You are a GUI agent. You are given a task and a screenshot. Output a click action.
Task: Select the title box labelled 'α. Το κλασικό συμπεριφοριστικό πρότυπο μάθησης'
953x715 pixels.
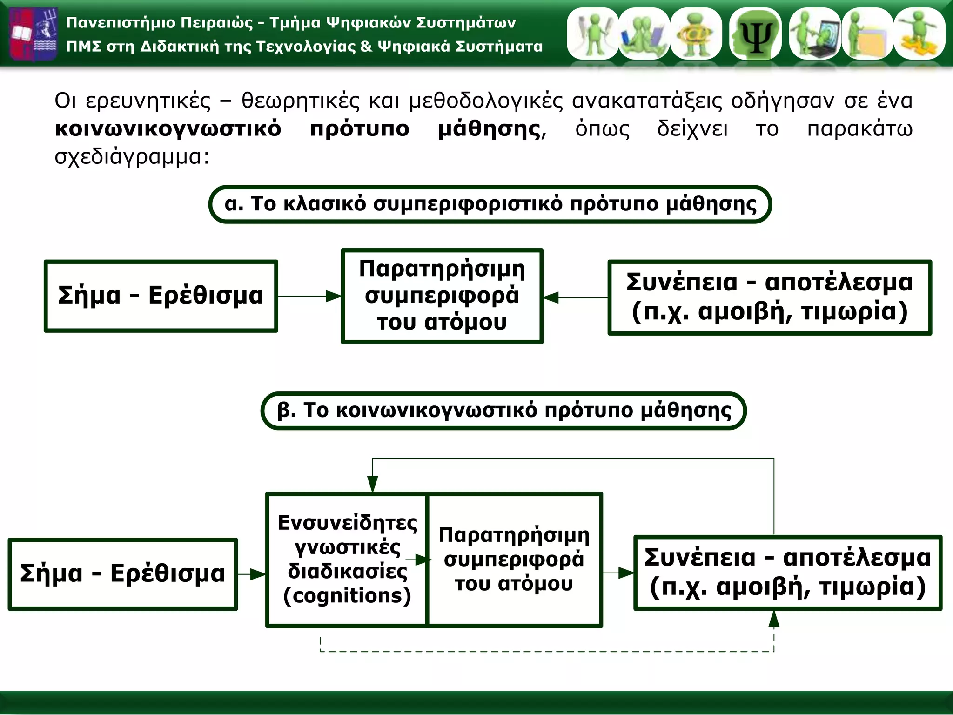coord(490,204)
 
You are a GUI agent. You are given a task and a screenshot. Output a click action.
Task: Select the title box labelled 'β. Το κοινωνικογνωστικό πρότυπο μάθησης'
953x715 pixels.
coord(503,411)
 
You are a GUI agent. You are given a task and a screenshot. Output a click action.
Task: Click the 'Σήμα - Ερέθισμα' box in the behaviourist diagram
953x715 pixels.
coord(161,296)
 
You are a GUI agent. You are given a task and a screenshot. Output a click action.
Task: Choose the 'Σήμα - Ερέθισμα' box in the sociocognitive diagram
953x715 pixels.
coord(123,574)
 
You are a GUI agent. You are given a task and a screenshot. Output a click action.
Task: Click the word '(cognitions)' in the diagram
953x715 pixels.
coord(347,596)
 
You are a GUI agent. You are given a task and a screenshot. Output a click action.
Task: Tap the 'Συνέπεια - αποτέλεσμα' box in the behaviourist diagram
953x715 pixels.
coord(769,297)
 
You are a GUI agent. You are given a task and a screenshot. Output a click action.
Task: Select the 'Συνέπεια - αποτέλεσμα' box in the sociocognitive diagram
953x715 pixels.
coord(787,573)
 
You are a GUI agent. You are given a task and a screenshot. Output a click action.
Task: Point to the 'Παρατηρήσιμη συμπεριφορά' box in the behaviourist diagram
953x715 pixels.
coord(442,296)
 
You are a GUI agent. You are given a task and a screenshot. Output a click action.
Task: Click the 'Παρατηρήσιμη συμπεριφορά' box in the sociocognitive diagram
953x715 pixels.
coord(514,560)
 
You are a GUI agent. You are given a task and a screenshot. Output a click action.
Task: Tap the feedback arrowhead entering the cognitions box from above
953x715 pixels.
coord(373,484)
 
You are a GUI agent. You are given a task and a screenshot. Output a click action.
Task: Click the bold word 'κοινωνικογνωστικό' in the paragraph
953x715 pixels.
coord(168,129)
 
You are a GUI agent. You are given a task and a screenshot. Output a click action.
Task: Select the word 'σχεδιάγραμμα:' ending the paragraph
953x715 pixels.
coord(132,157)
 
